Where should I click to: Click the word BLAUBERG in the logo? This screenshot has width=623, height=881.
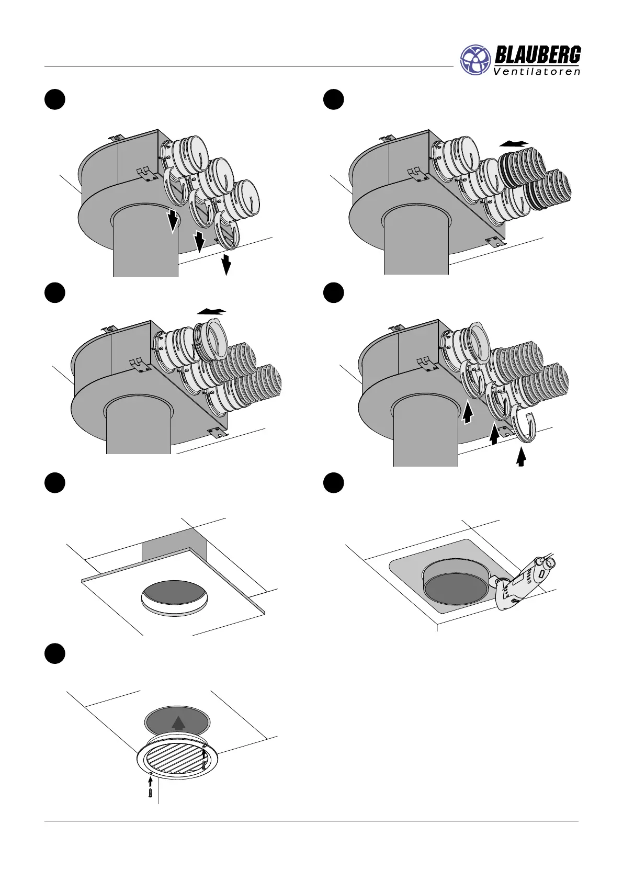pyautogui.click(x=537, y=55)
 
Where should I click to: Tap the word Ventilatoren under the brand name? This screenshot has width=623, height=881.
pyautogui.click(x=537, y=72)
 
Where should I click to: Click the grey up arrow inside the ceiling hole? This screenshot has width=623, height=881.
pyautogui.click(x=178, y=723)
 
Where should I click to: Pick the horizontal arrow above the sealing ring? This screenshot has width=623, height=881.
pyautogui.click(x=211, y=311)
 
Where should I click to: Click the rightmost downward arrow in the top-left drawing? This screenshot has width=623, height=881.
pyautogui.click(x=226, y=265)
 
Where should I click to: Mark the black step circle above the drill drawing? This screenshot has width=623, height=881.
pyautogui.click(x=333, y=483)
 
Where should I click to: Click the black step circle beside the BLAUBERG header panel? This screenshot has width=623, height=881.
pyautogui.click(x=333, y=99)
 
